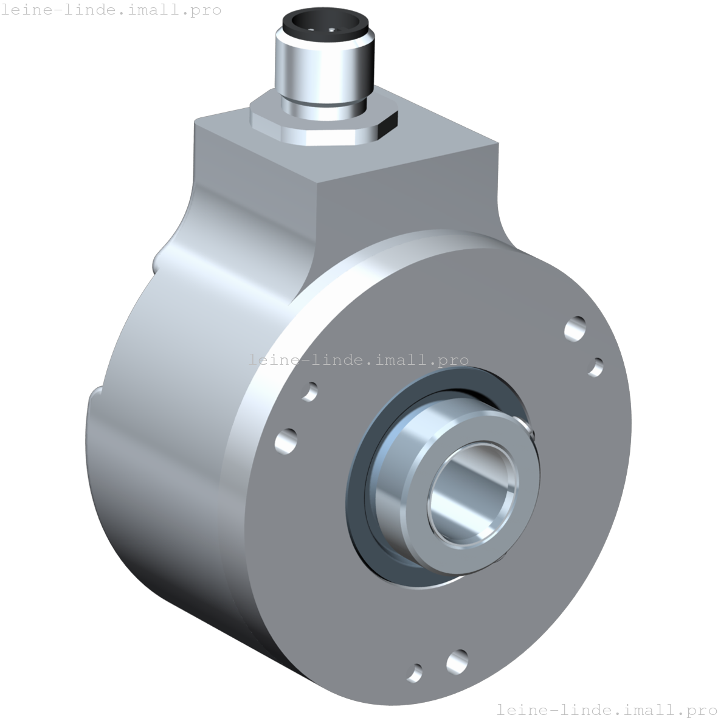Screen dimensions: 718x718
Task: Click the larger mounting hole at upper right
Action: coord(575,329)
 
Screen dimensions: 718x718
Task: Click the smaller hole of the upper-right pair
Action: coord(597,367)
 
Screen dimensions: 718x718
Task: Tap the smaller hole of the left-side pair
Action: coord(310,391)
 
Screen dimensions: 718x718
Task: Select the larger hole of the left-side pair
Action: coord(286,440)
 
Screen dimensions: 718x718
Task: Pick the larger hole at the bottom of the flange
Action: coord(457,661)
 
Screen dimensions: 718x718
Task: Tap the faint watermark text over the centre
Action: coord(359,360)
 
